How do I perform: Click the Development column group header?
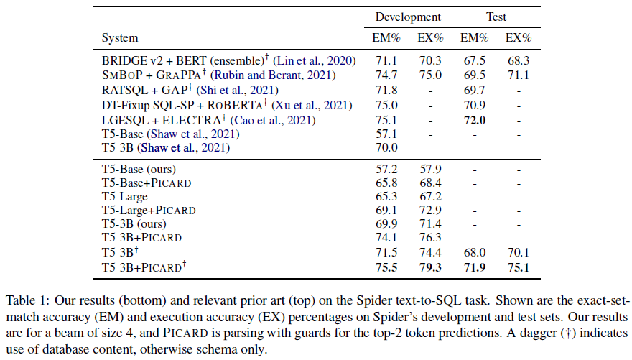pyautogui.click(x=407, y=17)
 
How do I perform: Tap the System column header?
pyautogui.click(x=120, y=37)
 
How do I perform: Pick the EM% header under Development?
pyautogui.click(x=376, y=37)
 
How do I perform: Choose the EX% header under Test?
pyautogui.click(x=519, y=37)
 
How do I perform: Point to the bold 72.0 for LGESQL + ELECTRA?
pyautogui.click(x=474, y=120)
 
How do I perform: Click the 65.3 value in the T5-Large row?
pyautogui.click(x=376, y=195)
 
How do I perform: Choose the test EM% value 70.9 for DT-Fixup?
pyautogui.click(x=474, y=105)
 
